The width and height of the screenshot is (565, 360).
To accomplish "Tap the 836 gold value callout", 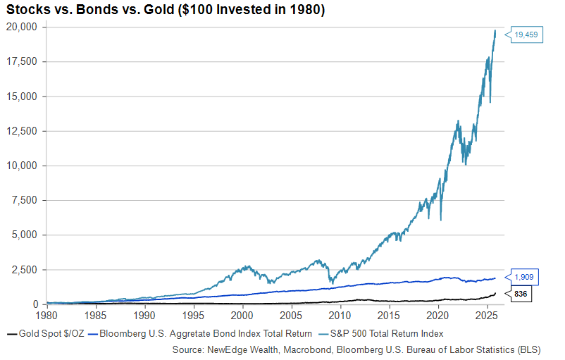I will (521, 293).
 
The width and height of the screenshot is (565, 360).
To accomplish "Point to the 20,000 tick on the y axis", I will (26, 27).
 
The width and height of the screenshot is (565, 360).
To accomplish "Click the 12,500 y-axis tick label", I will (26, 131).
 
